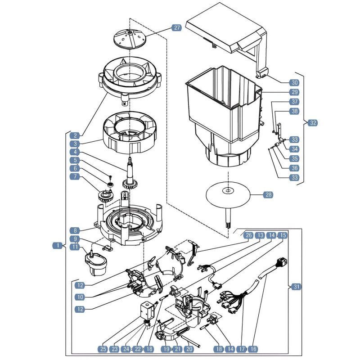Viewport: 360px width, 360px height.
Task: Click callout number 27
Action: [x=176, y=28]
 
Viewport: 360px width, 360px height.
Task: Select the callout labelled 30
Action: [x=294, y=83]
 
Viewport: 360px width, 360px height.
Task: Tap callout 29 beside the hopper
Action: [x=294, y=92]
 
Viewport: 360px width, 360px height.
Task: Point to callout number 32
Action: [x=313, y=123]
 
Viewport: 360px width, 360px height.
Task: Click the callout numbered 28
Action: [x=268, y=195]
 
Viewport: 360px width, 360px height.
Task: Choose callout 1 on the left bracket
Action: [x=58, y=245]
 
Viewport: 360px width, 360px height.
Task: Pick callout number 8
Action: [x=75, y=230]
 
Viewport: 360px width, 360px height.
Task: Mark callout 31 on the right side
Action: [x=297, y=287]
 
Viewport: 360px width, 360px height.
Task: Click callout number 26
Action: [x=249, y=235]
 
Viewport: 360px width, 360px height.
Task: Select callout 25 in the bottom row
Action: [x=103, y=349]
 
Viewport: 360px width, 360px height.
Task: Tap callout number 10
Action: [x=80, y=297]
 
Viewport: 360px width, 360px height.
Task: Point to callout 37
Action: [x=294, y=102]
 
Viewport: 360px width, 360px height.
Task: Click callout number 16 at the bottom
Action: [x=253, y=349]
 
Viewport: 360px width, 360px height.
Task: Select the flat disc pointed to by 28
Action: [x=228, y=194]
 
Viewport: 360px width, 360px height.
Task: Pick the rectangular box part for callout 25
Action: [x=146, y=310]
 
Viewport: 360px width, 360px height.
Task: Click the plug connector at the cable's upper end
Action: [x=282, y=262]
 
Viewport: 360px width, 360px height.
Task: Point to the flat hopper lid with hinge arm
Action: [x=226, y=35]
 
